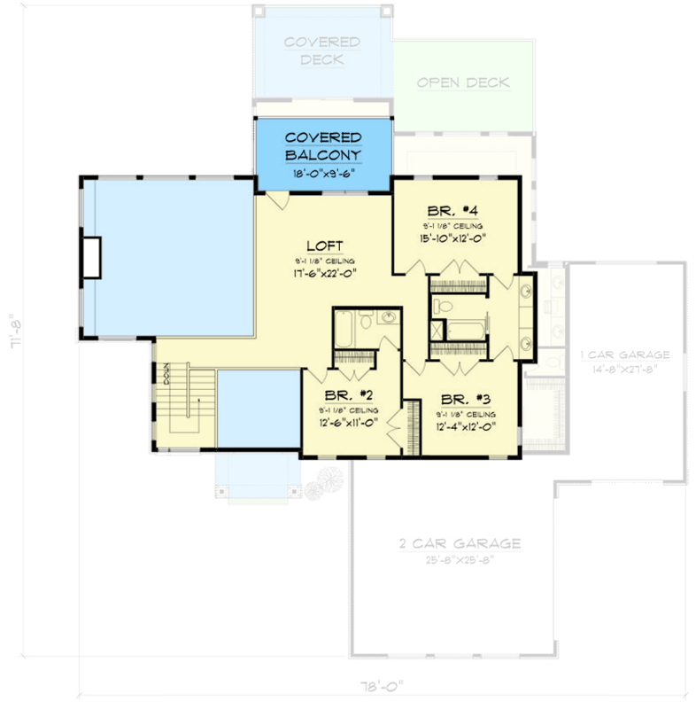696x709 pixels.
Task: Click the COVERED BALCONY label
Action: coord(322,146)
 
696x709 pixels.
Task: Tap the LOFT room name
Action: coord(325,245)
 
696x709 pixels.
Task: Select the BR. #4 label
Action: coord(452,211)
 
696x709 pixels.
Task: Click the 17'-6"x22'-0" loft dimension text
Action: coord(325,274)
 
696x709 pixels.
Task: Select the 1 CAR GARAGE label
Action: coord(625,354)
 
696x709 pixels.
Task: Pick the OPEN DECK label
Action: coord(463,83)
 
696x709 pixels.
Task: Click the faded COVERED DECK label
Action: coord(322,51)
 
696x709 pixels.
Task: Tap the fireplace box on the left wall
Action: coord(92,258)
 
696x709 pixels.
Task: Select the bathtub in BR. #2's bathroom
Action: coord(343,330)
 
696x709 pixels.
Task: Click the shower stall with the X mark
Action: coord(439,331)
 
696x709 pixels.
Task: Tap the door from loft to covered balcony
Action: coord(276,199)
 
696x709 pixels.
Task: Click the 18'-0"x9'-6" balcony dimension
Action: coord(322,175)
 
